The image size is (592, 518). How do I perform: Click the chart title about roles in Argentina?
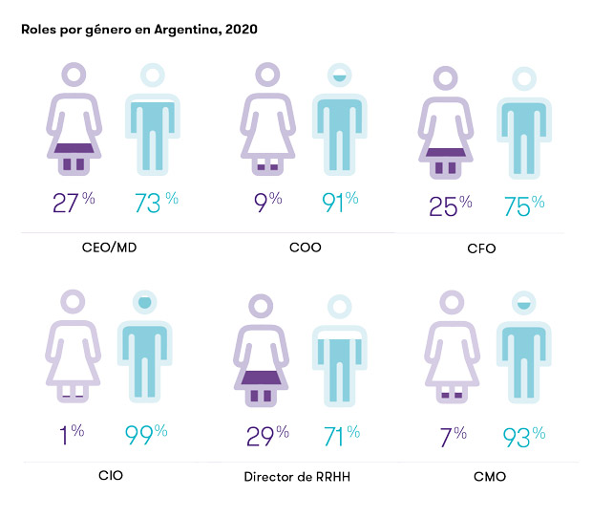[138, 30]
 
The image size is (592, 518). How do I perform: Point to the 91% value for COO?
[339, 203]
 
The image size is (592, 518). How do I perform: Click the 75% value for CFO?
[523, 205]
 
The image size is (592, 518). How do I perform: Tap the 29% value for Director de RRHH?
[263, 437]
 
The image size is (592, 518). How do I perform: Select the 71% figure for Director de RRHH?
[339, 437]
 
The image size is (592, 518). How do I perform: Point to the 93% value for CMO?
[524, 437]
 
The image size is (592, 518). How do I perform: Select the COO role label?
[305, 247]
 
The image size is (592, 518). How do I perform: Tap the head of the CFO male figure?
[524, 78]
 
